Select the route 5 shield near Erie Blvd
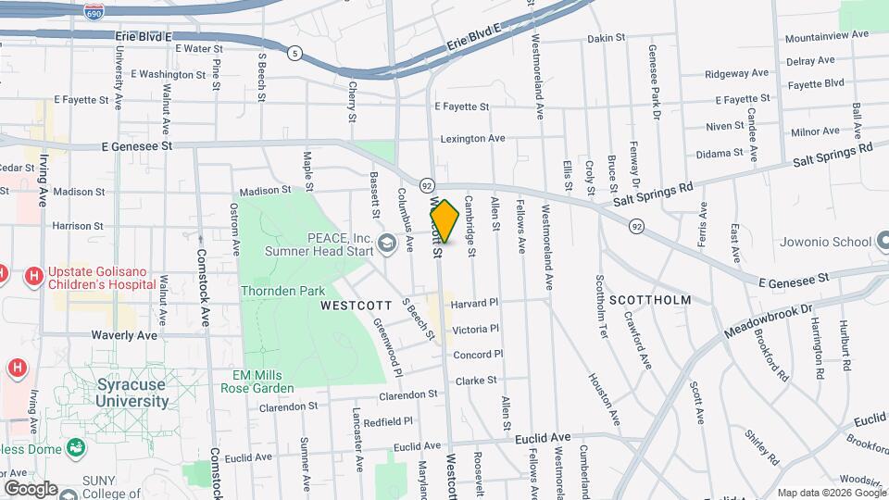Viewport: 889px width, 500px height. coord(294,53)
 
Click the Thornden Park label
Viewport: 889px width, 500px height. coord(282,291)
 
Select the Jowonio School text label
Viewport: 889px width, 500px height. coord(820,243)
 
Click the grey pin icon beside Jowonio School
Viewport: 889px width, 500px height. coord(879,243)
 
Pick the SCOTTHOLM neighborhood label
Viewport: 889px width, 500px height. coord(650,300)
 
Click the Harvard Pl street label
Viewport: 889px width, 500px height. coord(476,303)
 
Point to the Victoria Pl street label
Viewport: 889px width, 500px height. coord(476,329)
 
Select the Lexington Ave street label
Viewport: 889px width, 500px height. coord(472,138)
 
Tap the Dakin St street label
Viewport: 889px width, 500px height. coord(607,39)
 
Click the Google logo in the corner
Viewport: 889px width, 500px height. coord(31,488)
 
